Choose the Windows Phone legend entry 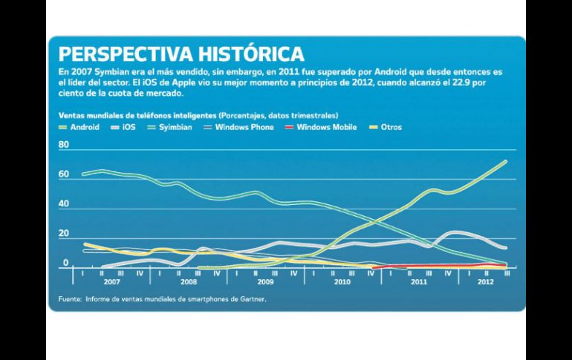241,127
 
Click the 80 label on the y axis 63,146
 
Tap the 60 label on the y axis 63,174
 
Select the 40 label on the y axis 63,204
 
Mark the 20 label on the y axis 63,234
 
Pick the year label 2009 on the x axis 264,283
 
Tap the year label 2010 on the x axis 342,283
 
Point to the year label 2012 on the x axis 484,283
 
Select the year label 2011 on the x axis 418,283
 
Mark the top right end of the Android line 506,161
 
